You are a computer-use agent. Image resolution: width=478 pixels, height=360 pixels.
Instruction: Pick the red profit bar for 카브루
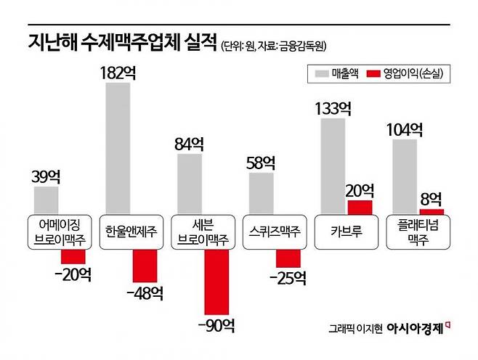pyautogui.click(x=360, y=207)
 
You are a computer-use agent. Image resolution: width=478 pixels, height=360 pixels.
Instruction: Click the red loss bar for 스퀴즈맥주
pyautogui.click(x=288, y=257)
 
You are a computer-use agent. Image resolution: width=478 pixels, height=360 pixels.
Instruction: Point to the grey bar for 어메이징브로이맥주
pyautogui.click(x=46, y=200)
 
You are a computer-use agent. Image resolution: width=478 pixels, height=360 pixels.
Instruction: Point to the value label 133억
pyautogui.click(x=333, y=109)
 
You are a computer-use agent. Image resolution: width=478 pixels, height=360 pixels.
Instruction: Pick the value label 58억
pyautogui.click(x=262, y=163)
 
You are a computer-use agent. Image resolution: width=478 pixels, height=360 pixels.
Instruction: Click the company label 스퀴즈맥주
pyautogui.click(x=272, y=232)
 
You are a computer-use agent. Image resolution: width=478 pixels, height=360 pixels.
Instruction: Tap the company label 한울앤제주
pyautogui.click(x=130, y=232)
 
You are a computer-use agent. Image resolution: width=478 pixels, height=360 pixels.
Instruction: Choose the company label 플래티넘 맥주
pyautogui.click(x=416, y=232)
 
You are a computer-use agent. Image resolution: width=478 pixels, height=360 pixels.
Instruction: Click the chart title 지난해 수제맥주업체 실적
pyautogui.click(x=123, y=44)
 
